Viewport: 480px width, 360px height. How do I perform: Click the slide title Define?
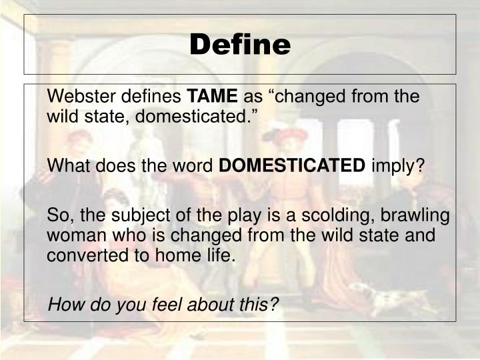[x=240, y=45]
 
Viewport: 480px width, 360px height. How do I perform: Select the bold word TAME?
[x=215, y=97]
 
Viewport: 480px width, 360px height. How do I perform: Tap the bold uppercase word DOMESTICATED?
[x=293, y=165]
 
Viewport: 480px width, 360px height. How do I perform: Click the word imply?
[x=397, y=166]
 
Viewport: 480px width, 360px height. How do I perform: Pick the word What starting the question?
[x=66, y=165]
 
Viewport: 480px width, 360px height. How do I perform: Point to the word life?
[x=221, y=255]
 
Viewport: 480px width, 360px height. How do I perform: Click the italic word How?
[x=64, y=304]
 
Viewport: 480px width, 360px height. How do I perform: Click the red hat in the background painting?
[x=283, y=133]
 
